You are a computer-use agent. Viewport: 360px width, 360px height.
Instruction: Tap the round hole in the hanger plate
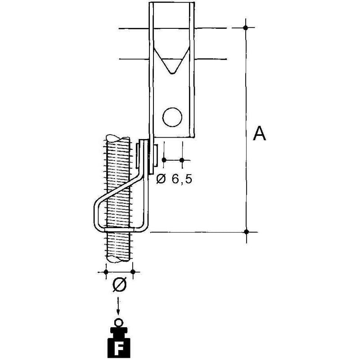172,117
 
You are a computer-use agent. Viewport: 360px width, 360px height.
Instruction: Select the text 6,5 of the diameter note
182,179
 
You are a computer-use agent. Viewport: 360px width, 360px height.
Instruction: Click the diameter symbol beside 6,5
161,179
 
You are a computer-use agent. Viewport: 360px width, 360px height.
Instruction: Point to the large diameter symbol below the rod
119,284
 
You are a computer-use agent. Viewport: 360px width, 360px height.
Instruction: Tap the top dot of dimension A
246,28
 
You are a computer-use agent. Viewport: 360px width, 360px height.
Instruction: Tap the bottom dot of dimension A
246,232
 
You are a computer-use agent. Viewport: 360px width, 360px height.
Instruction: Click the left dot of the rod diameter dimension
106,272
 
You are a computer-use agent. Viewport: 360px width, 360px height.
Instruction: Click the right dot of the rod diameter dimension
133,272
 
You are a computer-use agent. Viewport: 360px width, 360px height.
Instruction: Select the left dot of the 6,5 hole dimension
164,160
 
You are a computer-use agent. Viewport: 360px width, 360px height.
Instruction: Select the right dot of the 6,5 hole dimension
182,160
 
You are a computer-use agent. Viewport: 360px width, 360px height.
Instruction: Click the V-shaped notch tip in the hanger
172,73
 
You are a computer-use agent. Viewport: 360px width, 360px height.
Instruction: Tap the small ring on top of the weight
118,323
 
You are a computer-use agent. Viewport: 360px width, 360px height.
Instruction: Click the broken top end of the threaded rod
117,138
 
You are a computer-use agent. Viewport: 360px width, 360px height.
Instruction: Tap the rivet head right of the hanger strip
155,155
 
